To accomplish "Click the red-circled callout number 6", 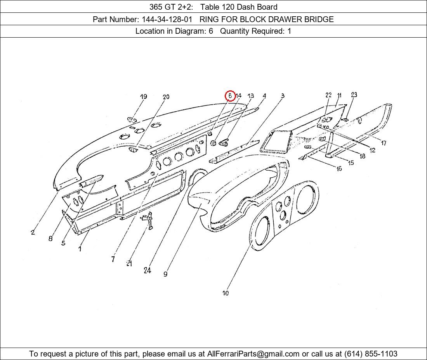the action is (x=230, y=96).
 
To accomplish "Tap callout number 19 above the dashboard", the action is (x=144, y=97).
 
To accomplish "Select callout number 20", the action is (x=166, y=97).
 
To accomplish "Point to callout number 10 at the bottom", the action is (x=226, y=293).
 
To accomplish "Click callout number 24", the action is (x=148, y=270).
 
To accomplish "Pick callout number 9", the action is (x=165, y=274).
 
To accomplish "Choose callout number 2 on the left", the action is (x=33, y=232).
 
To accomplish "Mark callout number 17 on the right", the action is (x=384, y=143).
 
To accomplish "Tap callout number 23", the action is (x=354, y=95).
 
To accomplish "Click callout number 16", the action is (x=339, y=169).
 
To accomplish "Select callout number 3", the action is (x=283, y=95).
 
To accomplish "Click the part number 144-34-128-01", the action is (x=167, y=19).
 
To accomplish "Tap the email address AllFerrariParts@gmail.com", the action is (x=253, y=354).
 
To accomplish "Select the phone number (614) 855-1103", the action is (x=371, y=354).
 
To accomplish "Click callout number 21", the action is (x=129, y=263).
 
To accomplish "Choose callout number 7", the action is (x=113, y=259).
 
